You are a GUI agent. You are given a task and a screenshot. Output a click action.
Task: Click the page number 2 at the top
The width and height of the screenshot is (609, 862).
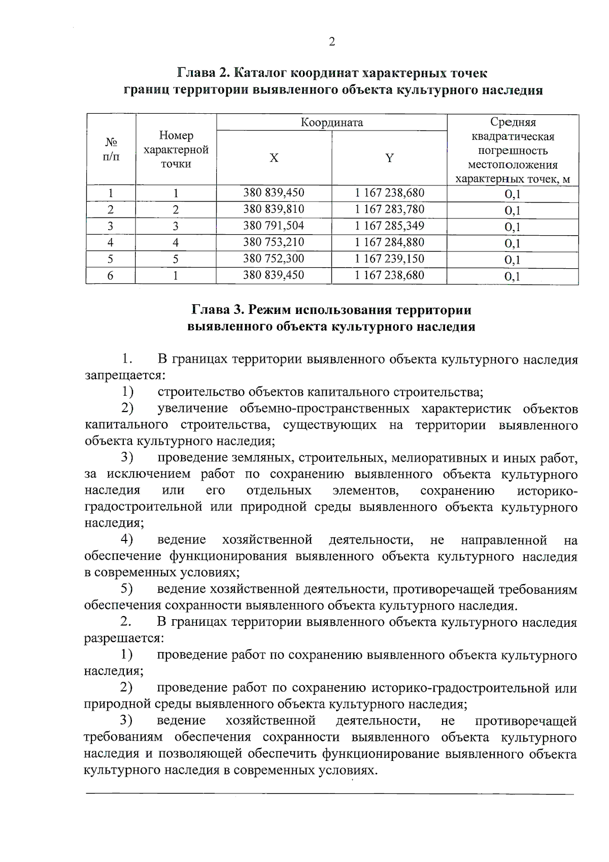pos(332,42)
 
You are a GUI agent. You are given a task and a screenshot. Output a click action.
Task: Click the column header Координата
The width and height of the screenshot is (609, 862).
pos(332,123)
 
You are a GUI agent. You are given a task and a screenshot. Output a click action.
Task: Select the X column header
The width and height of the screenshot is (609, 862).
pos(274,158)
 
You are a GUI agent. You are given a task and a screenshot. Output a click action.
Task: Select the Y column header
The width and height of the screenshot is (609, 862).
pos(389,158)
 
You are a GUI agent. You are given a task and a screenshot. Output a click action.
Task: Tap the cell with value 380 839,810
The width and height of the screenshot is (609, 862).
pos(274,209)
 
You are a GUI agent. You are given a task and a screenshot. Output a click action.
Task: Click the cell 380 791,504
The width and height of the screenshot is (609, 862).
pos(274,226)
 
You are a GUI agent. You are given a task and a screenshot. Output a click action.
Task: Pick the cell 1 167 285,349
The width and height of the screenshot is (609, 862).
pos(389,226)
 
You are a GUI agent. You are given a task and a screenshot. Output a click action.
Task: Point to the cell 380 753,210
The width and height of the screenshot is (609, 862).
pos(274,242)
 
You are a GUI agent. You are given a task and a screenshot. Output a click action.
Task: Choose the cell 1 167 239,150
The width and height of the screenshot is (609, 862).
pos(389,259)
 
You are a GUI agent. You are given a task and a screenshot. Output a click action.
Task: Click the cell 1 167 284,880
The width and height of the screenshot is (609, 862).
pos(389,242)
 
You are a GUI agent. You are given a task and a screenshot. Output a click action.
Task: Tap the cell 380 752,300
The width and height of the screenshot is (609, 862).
pos(274,259)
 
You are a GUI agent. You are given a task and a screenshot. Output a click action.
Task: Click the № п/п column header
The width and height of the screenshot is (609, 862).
pos(111,149)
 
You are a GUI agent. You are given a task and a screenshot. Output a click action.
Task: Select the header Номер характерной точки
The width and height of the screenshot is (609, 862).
pos(176,150)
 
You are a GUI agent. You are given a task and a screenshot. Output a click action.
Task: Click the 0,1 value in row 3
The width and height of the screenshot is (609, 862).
pos(513,227)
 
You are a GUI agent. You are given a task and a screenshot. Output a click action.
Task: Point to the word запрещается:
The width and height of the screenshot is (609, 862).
pos(124,376)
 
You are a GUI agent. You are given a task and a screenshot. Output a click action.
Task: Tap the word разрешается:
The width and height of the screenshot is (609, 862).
pos(124,638)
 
